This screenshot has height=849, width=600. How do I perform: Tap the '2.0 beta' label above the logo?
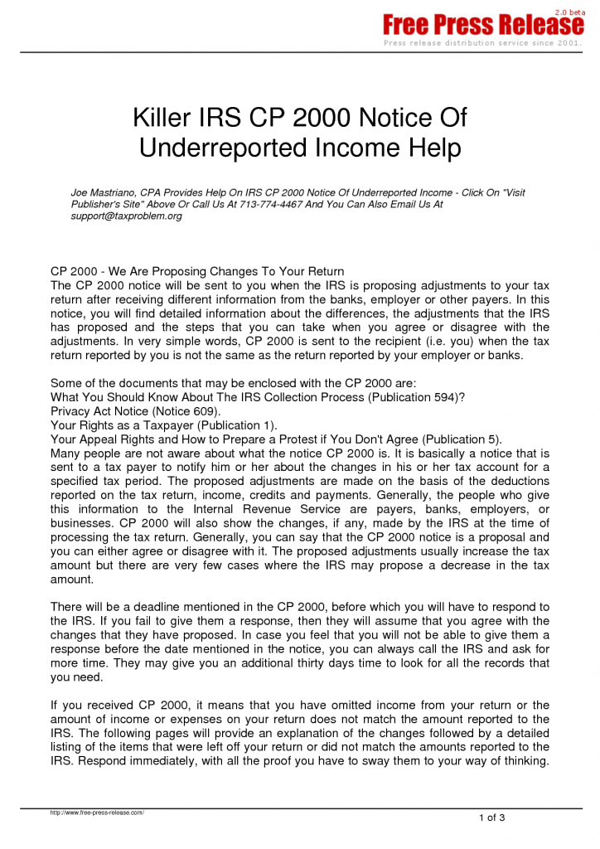tap(569, 12)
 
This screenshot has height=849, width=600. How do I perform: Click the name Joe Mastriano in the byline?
tap(104, 192)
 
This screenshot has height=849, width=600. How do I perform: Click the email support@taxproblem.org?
tap(126, 216)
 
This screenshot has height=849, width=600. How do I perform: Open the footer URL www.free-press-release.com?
tap(97, 813)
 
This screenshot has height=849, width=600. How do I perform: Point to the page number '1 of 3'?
tap(491, 818)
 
